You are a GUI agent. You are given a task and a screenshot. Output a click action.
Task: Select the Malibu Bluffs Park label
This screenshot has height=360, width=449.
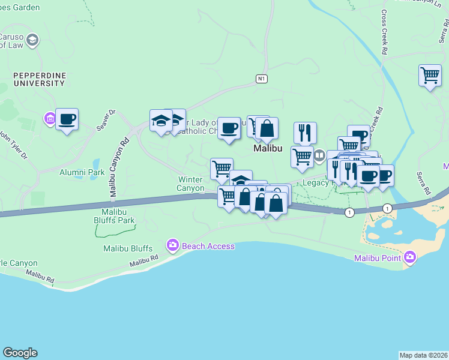(x=115, y=216)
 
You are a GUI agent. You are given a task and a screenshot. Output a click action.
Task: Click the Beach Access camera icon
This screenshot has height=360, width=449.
(x=173, y=246)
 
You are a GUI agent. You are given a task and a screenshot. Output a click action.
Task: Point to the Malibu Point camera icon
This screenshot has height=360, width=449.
(x=410, y=257)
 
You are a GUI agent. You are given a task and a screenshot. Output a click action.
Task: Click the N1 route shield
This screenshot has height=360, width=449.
(x=261, y=79)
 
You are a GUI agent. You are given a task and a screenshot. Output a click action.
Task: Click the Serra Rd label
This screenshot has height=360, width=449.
(x=424, y=184)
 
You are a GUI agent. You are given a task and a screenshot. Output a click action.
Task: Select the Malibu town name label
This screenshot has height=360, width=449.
(x=268, y=148)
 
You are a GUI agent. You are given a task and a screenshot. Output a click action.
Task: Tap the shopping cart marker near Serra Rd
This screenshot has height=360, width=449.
(x=430, y=76)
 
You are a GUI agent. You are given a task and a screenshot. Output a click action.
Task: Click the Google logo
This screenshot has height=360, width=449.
(x=20, y=353)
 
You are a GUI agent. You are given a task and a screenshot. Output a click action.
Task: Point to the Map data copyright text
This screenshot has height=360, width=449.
(x=423, y=355)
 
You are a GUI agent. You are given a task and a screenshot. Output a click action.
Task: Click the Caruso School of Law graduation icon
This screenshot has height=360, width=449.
(x=32, y=40)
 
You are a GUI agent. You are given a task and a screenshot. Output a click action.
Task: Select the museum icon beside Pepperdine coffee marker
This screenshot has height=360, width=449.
(x=49, y=120)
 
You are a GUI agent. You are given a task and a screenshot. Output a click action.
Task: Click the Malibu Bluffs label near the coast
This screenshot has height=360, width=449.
(x=127, y=248)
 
